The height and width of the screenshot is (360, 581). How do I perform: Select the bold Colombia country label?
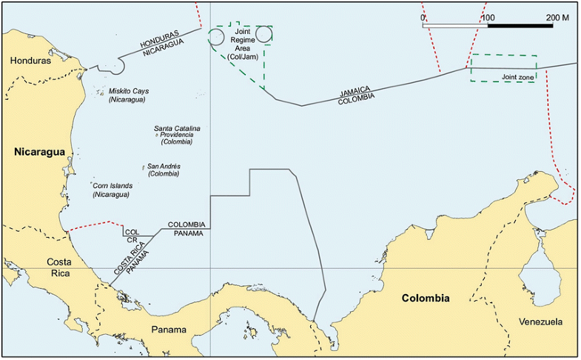426,299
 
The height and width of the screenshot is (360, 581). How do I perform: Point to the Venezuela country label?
540,322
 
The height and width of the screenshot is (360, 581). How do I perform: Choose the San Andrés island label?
164,167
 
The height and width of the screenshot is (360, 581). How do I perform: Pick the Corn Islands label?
111,186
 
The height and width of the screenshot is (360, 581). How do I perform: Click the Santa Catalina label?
177,128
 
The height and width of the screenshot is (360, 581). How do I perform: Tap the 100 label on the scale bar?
488,16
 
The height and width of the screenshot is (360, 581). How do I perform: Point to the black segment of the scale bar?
520,26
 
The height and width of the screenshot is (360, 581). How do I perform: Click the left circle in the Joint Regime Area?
217,37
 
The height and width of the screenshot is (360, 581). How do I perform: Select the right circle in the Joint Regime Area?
264,35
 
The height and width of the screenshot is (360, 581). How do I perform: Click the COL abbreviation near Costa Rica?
132,232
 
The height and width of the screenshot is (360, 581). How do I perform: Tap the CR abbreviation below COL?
132,241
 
